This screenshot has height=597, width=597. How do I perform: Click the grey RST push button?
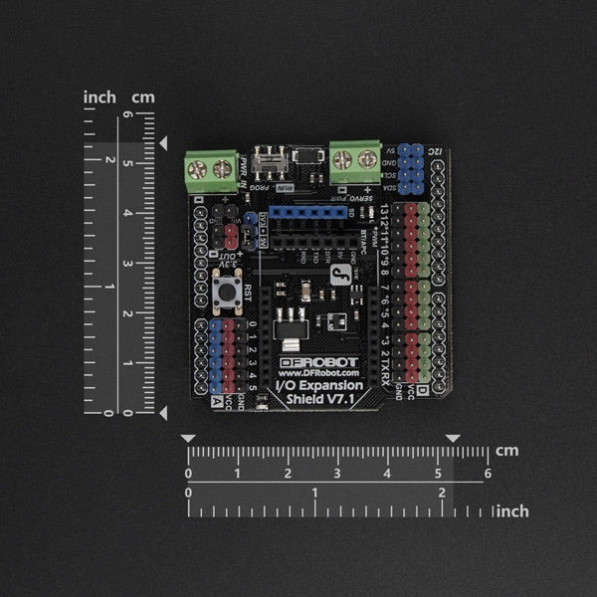point(224,295)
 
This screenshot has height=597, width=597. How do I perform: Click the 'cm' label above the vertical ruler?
point(144,97)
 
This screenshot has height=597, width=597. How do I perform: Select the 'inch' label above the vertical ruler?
point(99,97)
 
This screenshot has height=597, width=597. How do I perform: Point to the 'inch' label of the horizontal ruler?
point(511,510)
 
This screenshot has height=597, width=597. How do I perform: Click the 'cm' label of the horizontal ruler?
point(507,450)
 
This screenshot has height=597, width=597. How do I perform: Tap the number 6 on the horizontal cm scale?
point(487,474)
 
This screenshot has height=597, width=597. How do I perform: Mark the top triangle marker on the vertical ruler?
point(162,145)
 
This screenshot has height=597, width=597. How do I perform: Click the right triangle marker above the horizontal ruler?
point(453,438)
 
